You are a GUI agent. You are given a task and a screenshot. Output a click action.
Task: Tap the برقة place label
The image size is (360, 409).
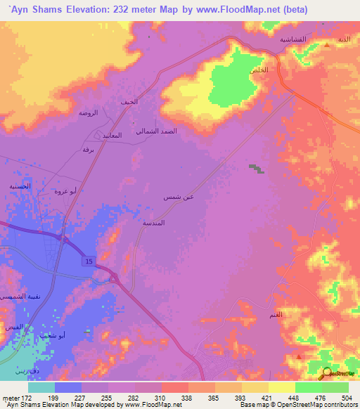88,150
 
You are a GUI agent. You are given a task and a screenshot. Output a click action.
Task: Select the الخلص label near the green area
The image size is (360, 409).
259,71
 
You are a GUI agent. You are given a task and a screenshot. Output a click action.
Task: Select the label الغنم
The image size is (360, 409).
276,315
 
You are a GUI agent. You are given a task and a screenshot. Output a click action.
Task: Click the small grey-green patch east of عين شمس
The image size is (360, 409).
255,168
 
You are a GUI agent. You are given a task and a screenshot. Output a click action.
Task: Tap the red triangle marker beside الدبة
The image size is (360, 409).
328,45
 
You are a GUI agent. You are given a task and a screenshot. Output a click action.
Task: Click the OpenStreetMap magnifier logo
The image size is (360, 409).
327,374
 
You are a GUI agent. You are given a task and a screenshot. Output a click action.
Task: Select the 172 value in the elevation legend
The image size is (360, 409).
23,397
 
